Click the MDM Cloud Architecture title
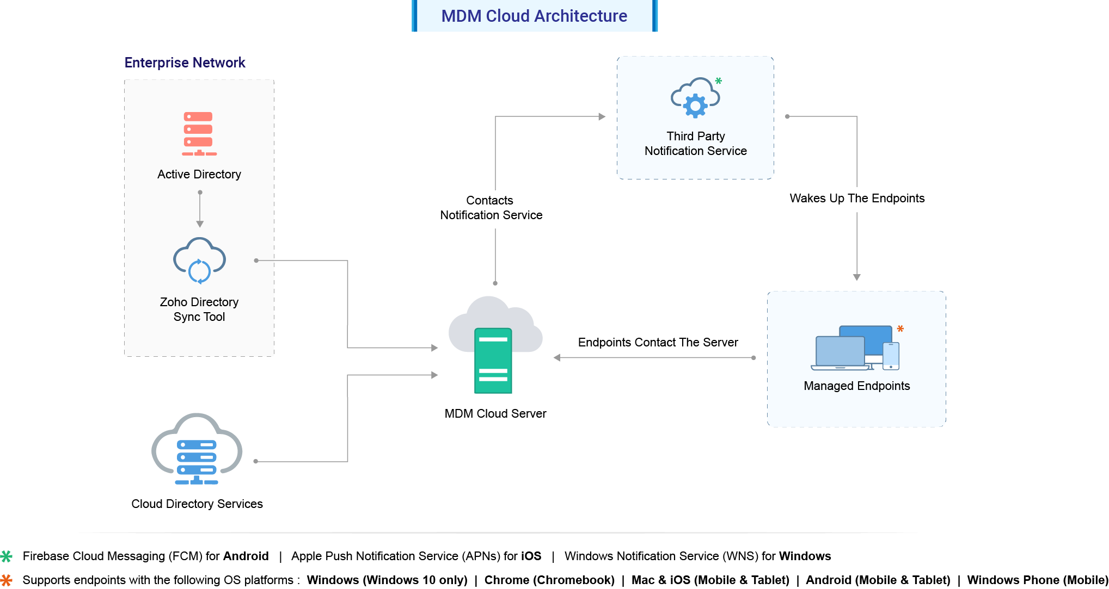534,16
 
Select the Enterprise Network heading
185,63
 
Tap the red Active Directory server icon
199,134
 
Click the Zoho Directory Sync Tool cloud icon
199,261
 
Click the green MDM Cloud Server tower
493,360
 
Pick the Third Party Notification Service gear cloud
695,98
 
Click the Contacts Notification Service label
491,208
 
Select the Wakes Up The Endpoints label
857,199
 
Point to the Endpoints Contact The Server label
658,342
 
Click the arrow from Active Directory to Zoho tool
200,209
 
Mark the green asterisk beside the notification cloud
719,81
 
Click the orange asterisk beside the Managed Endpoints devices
900,329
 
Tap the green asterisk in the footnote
7,556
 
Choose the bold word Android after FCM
246,556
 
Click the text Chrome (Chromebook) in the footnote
549,580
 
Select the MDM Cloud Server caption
495,413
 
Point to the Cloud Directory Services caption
197,504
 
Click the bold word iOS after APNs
531,556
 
